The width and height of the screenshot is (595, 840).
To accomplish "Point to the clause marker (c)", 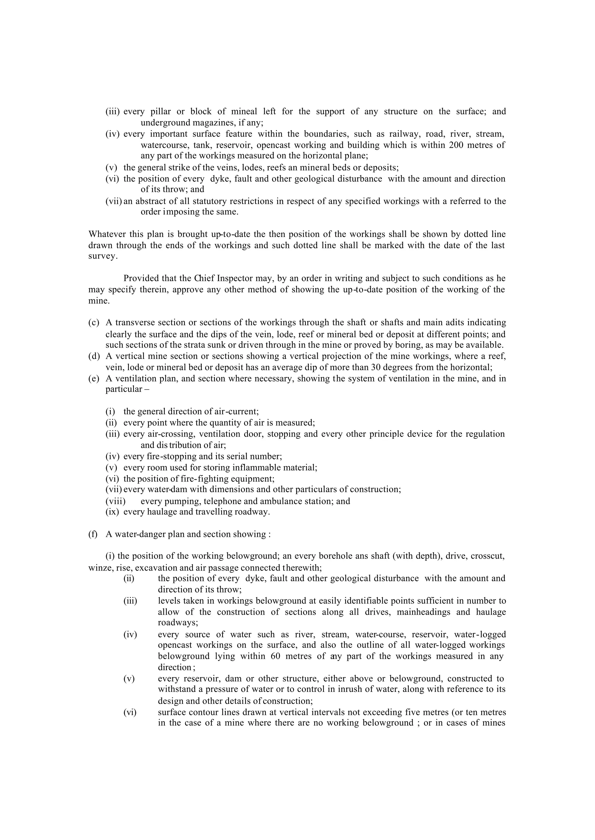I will [94, 323].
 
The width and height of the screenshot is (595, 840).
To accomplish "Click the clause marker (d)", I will [94, 356].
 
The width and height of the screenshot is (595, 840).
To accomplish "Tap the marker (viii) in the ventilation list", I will [115, 501].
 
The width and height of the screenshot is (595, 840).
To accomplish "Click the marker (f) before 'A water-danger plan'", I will [93, 534].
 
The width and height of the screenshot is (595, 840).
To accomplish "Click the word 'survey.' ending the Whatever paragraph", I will [103, 256].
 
